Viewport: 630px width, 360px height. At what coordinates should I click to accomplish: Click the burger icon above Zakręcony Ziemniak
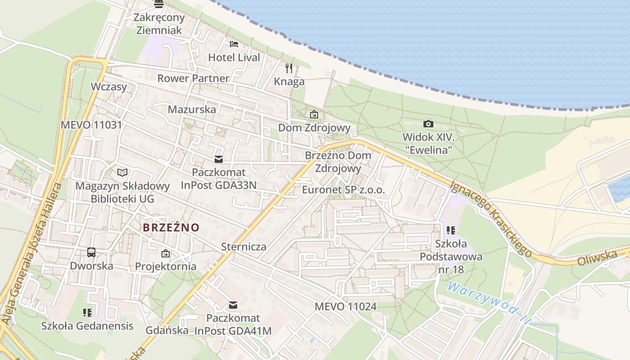[x=159, y=4]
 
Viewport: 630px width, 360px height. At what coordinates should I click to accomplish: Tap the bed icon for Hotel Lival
[x=234, y=44]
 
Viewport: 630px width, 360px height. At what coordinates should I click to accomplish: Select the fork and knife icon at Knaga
[x=289, y=68]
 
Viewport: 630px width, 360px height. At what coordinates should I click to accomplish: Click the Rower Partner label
[x=193, y=78]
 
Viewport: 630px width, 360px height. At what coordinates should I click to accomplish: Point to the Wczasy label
[x=109, y=86]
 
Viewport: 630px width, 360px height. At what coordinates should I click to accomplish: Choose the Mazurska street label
[x=192, y=109]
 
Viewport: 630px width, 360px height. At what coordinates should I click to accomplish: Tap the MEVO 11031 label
[x=91, y=125]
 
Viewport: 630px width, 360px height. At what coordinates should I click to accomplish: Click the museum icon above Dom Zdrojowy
[x=314, y=115]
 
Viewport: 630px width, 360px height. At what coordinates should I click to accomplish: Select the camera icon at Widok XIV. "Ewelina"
[x=428, y=124]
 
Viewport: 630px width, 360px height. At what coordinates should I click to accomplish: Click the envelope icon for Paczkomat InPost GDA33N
[x=219, y=159]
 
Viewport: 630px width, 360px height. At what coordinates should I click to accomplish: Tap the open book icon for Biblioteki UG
[x=122, y=172]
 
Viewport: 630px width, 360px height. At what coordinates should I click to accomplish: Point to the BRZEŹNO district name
[x=171, y=227]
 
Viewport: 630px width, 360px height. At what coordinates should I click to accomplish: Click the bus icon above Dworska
[x=91, y=252]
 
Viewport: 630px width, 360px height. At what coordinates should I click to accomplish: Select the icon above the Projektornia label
[x=166, y=253]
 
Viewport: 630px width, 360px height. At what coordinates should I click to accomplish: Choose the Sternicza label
[x=243, y=247]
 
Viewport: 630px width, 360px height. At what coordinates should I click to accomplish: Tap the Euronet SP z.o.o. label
[x=343, y=190]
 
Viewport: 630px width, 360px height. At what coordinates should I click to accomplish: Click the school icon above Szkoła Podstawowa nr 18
[x=451, y=230]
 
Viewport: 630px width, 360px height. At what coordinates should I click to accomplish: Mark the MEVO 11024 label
[x=345, y=307]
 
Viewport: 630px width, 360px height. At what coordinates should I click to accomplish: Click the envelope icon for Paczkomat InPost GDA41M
[x=233, y=305]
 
